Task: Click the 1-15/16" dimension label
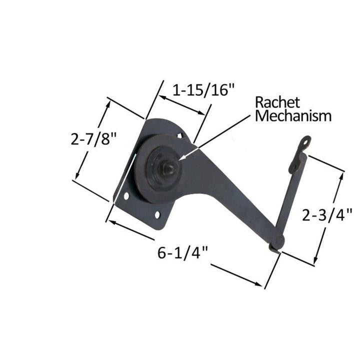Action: tap(203, 90)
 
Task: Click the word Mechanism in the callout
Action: tap(293, 116)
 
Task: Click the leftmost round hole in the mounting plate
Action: tap(126, 196)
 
